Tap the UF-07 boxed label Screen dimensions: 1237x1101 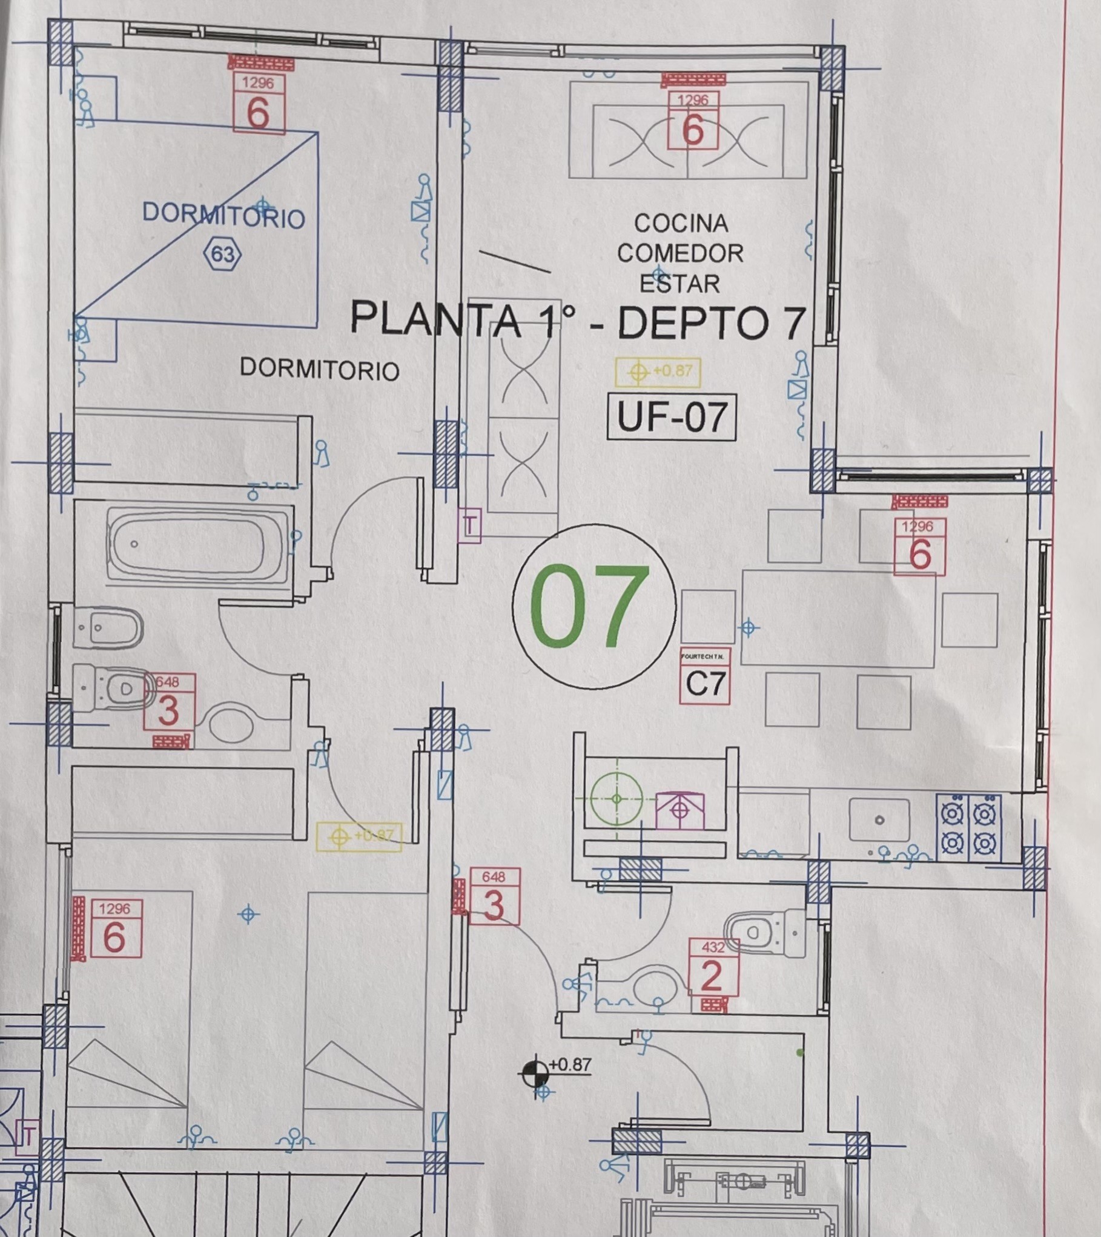coord(671,417)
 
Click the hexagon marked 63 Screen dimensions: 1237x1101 coord(223,254)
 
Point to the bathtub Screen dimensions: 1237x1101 coord(197,544)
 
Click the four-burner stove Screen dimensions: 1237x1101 coord(968,827)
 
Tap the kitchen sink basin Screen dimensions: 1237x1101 coord(879,820)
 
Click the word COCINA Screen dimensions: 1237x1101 coord(681,224)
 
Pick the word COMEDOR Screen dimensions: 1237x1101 coord(680,253)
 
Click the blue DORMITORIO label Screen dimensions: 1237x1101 coord(223,215)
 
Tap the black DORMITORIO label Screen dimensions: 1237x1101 coord(319,368)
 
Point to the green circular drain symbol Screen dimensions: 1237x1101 coord(616,799)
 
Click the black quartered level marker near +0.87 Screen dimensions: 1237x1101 coord(534,1073)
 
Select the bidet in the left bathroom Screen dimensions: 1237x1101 coord(108,627)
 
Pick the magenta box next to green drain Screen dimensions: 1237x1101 coord(681,810)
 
